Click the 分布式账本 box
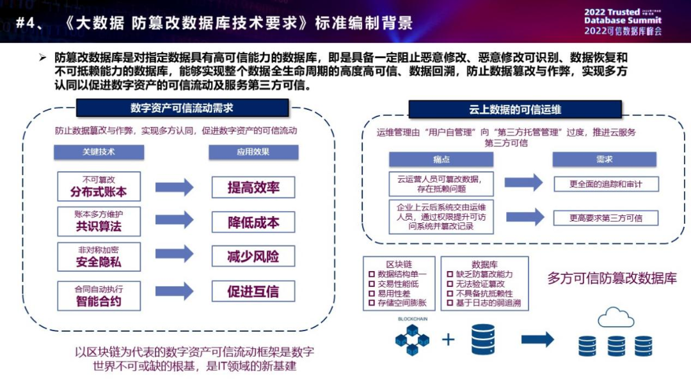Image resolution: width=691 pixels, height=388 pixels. [99, 186]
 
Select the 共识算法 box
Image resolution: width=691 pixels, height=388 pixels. [99, 221]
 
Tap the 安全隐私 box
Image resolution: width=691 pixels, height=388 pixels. [99, 256]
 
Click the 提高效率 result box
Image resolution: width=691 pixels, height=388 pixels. [253, 187]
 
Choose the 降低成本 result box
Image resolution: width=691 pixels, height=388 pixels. [253, 222]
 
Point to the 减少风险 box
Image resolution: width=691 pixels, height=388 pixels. [253, 257]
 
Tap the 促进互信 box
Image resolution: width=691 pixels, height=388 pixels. [253, 292]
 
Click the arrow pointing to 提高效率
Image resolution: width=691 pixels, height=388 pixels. [174, 187]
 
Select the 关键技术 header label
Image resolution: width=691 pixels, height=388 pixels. [99, 153]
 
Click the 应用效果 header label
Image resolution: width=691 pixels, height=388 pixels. [253, 153]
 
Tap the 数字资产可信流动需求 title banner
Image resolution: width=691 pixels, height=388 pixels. [182, 108]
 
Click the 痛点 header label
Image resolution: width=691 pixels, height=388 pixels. [441, 159]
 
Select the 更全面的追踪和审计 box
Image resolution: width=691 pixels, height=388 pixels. [605, 184]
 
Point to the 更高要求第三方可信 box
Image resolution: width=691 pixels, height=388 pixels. [605, 218]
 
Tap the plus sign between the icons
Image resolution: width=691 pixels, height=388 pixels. [449, 339]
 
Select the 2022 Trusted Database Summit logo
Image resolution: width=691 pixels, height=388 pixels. [622, 21]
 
